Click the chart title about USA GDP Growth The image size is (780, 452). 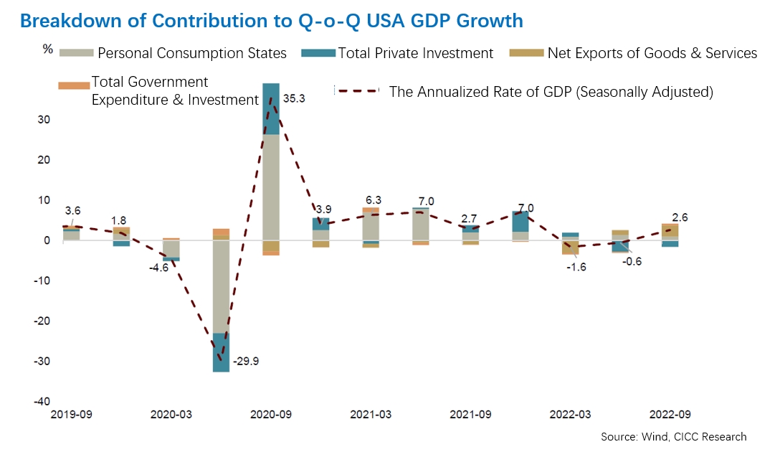[x=272, y=20]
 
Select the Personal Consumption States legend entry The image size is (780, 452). [x=191, y=53]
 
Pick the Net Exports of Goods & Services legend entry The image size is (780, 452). [x=652, y=53]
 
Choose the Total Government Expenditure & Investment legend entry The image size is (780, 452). [x=174, y=91]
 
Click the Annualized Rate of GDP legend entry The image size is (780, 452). [x=550, y=91]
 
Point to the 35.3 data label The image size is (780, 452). [x=294, y=99]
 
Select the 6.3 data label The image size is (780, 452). [x=373, y=200]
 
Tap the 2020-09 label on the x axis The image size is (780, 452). [x=271, y=415]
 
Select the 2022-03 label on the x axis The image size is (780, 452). [x=569, y=415]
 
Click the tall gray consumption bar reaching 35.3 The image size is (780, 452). [x=271, y=187]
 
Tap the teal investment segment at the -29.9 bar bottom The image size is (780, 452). [x=221, y=352]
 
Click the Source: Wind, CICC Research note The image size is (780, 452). [x=673, y=436]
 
